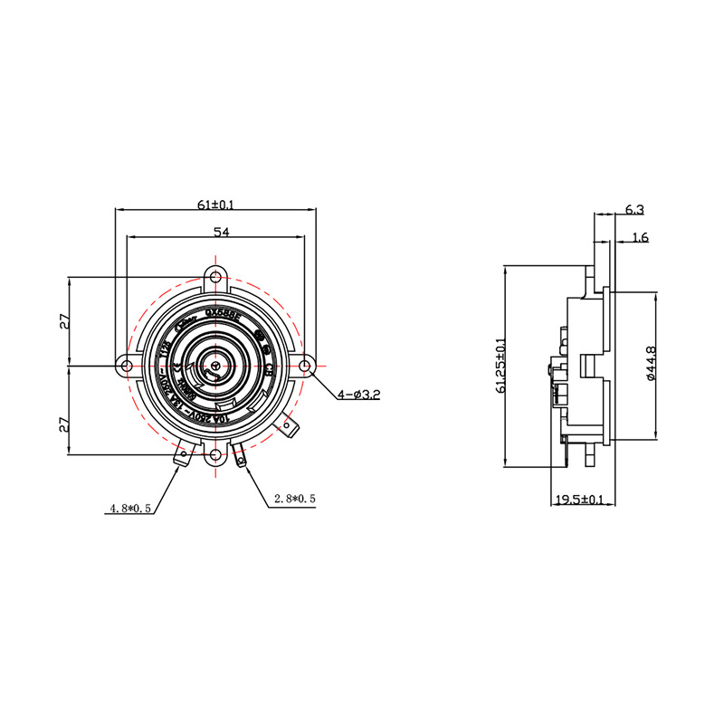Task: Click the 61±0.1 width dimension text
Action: (215, 205)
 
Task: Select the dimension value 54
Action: (220, 233)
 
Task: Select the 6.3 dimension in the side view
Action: (634, 210)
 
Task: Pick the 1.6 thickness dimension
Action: (639, 238)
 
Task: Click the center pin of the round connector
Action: (215, 366)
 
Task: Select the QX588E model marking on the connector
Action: (223, 317)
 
